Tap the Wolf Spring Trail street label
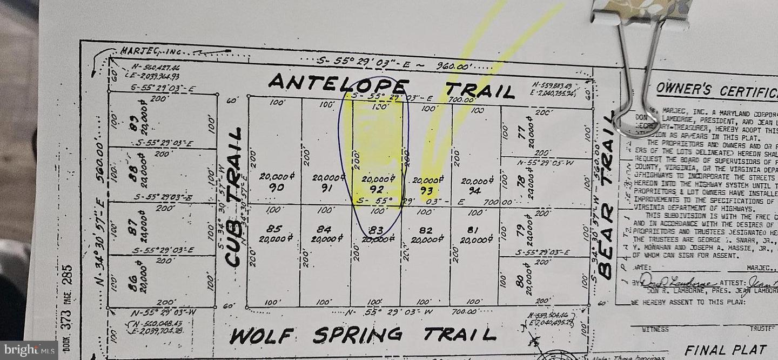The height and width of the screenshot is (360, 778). click(x=363, y=335)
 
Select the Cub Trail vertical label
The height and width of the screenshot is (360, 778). click(x=233, y=197)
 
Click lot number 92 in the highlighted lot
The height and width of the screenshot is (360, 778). click(x=377, y=189)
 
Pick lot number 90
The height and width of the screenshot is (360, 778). click(x=276, y=187)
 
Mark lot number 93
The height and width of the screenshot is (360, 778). click(x=427, y=190)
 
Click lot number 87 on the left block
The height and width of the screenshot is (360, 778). click(x=131, y=229)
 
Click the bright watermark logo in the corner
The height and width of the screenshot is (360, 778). click(x=29, y=350)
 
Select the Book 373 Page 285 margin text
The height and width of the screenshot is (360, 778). click(x=67, y=308)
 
